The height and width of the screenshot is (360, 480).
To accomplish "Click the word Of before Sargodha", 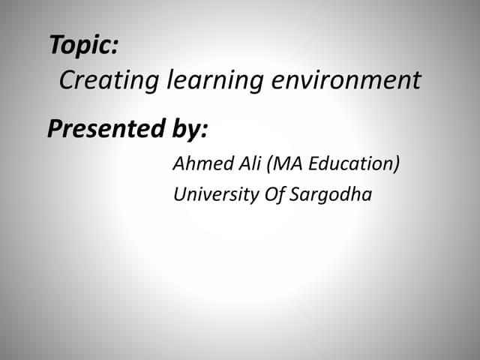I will pos(273,195).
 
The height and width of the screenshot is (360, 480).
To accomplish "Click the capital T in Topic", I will pos(56,45).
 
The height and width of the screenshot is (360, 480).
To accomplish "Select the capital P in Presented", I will pos(55,129).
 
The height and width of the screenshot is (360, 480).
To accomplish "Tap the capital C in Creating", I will pos(66,79).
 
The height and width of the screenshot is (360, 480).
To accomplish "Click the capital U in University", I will pos(180,194).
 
